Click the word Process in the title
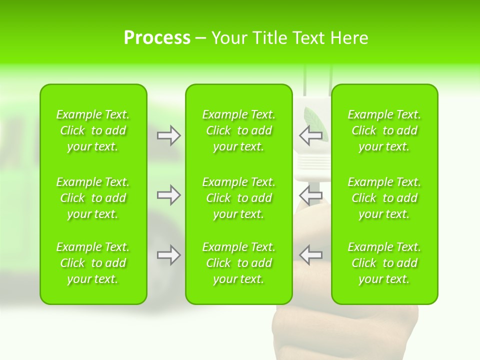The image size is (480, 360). coord(157,38)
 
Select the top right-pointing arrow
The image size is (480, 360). coord(168,135)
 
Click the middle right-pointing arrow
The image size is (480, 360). coord(168,195)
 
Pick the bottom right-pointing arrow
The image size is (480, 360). coord(168,255)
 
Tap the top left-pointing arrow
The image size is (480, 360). coord(310,135)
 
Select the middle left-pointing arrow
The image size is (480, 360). coord(310,195)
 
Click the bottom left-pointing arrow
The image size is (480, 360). coord(310,255)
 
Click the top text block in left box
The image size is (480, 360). coord(93,130)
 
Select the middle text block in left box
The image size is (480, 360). coord(93,198)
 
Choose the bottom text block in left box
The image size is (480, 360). coord(93,263)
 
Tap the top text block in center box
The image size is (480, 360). coord(238,130)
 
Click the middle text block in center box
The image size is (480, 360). coord(238,198)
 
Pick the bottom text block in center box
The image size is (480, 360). coord(238,263)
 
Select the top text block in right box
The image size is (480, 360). coord(384,130)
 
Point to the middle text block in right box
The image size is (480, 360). coord(384,198)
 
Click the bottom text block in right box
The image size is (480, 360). coord(384,263)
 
